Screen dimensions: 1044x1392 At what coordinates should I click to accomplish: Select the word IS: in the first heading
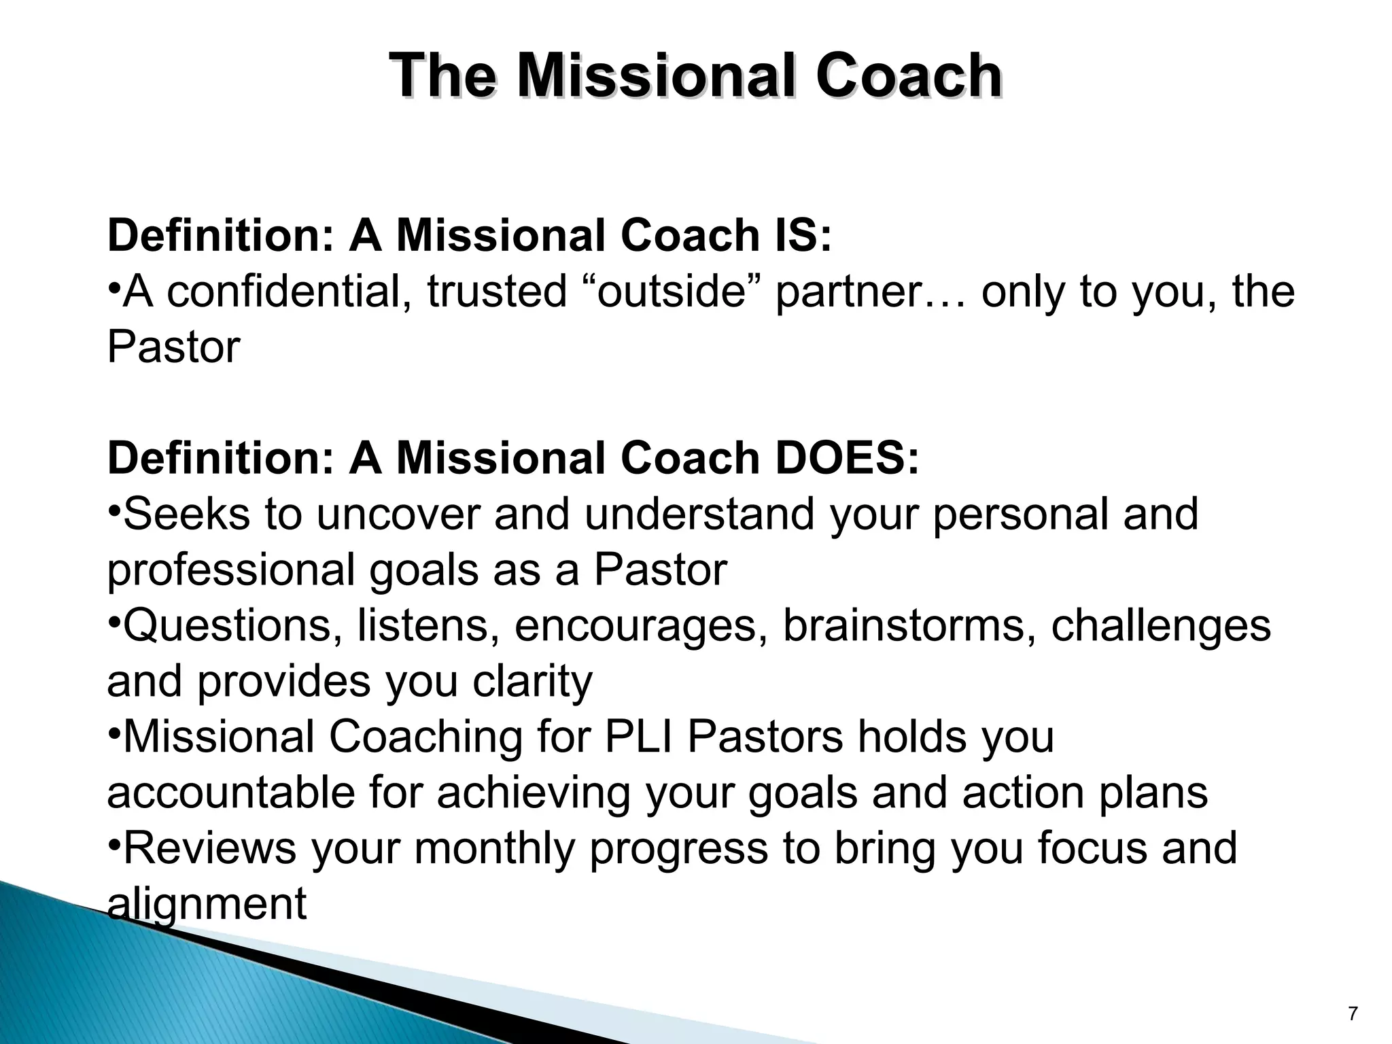point(801,236)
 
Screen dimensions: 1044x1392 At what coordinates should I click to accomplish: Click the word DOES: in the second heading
point(846,459)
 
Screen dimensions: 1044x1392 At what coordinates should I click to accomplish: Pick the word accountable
point(231,793)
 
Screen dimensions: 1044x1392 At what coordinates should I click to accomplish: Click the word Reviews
point(210,849)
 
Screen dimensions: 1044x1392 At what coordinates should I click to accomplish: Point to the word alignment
point(207,905)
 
